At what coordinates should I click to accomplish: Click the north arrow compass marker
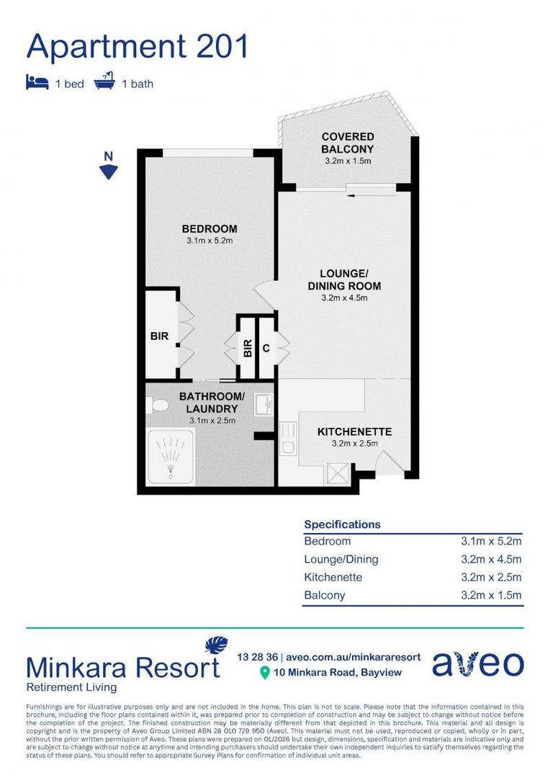click(108, 170)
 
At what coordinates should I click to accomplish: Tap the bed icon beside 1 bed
click(37, 82)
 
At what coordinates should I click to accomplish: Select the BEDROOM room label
click(209, 229)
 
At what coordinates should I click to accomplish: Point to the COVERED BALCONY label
click(348, 143)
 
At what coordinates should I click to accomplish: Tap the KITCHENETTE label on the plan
click(354, 432)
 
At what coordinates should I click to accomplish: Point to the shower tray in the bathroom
click(171, 455)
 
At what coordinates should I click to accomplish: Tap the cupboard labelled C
click(266, 348)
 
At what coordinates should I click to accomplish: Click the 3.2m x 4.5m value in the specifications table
click(491, 559)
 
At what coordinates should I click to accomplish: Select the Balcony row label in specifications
click(324, 595)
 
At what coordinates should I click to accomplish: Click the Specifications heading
click(342, 524)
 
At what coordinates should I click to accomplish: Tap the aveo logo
click(477, 664)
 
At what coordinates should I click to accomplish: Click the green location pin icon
click(264, 673)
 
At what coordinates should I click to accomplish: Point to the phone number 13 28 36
click(257, 657)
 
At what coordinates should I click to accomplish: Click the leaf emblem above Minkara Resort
click(215, 645)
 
